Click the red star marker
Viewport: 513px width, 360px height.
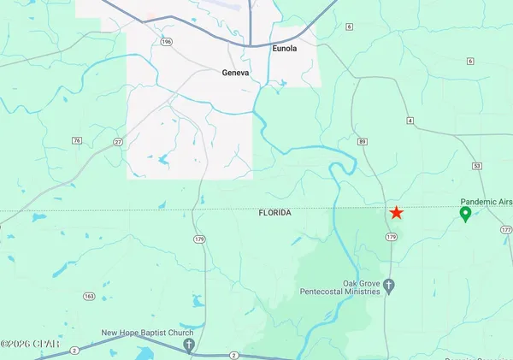click(397, 213)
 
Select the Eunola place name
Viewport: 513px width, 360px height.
click(284, 49)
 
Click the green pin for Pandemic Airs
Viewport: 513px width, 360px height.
click(466, 214)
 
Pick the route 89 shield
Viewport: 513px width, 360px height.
click(363, 141)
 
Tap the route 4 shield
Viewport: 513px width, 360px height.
click(410, 121)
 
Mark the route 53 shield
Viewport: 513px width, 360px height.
click(477, 164)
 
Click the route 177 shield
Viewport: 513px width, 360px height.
click(506, 230)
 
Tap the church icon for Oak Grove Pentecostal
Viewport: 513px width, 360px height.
click(389, 286)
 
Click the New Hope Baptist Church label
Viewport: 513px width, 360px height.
click(148, 333)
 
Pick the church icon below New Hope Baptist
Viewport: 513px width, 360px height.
click(190, 345)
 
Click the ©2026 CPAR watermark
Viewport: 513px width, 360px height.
click(30, 344)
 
